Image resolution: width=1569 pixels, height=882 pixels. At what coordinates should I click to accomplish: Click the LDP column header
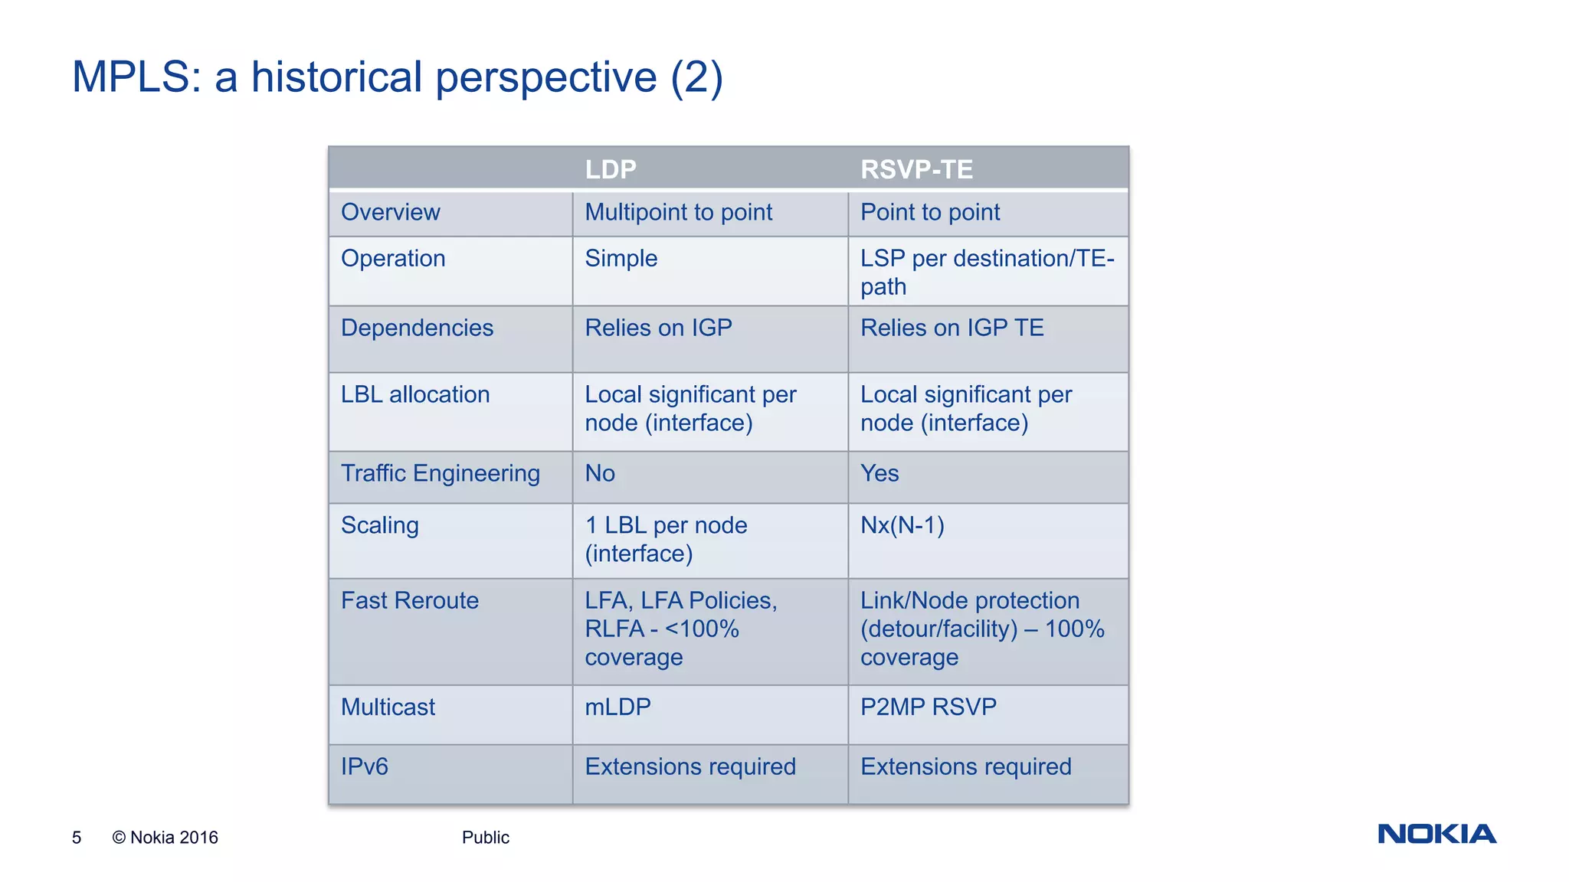(611, 169)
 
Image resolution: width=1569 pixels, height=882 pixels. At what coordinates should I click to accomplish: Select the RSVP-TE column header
(916, 169)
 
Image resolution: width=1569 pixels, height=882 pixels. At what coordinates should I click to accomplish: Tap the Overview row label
(390, 212)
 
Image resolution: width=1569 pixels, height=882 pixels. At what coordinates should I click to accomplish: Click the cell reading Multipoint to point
(678, 212)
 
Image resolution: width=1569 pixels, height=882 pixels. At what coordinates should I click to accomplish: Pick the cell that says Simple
(621, 258)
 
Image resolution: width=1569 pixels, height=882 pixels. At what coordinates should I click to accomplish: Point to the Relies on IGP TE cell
(952, 328)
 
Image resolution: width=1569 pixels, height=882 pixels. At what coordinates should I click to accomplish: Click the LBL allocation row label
(414, 394)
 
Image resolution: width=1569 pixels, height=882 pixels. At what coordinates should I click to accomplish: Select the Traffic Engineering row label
(440, 473)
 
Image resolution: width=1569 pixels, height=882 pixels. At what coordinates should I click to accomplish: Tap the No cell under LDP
(600, 473)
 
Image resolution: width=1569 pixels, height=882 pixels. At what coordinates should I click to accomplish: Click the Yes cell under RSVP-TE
(879, 473)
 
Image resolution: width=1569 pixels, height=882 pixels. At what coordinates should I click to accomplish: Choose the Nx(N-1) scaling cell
(902, 525)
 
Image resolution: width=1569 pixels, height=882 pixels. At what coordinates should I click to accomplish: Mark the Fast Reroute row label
(409, 600)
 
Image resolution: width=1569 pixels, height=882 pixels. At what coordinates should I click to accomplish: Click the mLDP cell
(617, 707)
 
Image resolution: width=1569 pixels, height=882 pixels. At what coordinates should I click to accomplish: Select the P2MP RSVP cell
(928, 707)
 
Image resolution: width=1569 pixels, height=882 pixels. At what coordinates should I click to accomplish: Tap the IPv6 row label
(364, 766)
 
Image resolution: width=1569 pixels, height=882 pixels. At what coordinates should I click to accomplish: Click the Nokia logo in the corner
(1436, 834)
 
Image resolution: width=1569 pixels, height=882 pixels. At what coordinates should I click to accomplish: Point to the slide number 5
(77, 838)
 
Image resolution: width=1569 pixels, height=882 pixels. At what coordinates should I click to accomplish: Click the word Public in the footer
(485, 838)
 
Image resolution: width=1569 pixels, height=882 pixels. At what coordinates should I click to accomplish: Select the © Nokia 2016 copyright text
(165, 838)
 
